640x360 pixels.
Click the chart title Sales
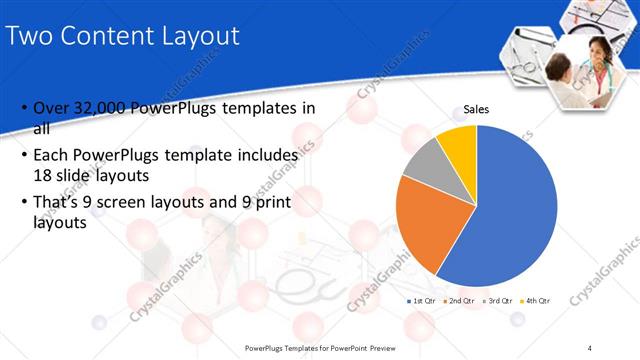pos(476,111)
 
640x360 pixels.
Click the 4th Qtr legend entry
pos(536,300)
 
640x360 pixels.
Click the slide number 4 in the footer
pos(590,348)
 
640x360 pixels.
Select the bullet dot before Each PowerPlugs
pos(24,156)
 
